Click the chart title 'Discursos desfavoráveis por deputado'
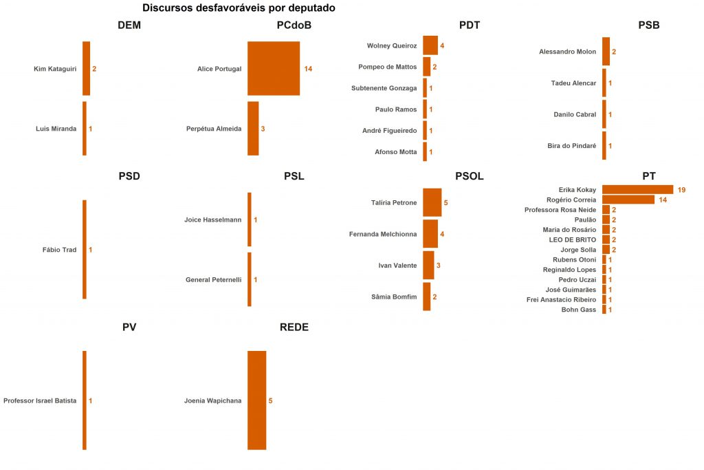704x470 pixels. coord(239,8)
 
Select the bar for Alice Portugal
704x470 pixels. coord(273,69)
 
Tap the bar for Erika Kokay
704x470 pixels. coord(637,189)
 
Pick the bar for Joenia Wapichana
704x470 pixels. coord(256,400)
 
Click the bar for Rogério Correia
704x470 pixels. coord(628,200)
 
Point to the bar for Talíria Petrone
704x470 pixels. coord(432,203)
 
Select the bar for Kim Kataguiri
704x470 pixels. coord(86,69)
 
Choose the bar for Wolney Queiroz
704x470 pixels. coord(430,45)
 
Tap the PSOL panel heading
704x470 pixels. coord(469,176)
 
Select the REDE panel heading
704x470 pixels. coord(294,328)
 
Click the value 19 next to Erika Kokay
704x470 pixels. coord(681,190)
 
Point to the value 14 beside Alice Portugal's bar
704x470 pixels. coord(308,70)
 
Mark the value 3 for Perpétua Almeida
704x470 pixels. coord(263,129)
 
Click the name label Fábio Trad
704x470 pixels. coord(59,250)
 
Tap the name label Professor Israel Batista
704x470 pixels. coord(40,400)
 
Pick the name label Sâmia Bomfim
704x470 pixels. coord(394,297)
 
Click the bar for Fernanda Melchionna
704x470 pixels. coord(430,234)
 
